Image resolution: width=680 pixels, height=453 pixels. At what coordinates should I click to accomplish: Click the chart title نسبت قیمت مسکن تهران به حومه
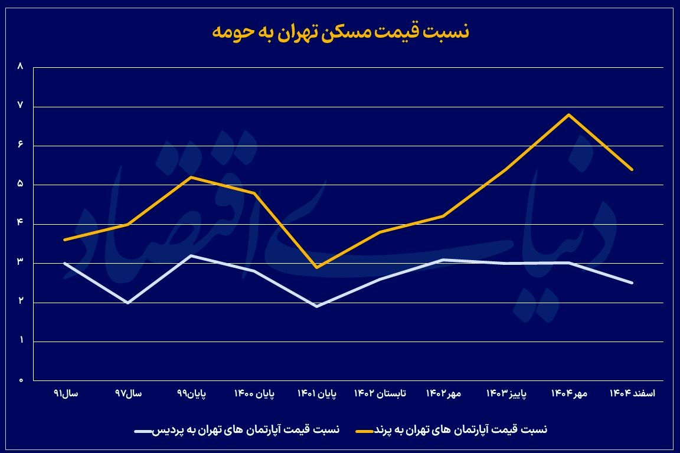(340, 32)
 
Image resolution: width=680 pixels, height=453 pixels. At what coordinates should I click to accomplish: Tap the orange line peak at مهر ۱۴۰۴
(568, 114)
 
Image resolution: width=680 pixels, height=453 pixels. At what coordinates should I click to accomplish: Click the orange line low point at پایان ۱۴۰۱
(317, 267)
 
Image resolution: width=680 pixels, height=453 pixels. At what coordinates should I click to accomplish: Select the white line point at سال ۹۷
(128, 303)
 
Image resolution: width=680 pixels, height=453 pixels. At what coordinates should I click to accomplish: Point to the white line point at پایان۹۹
(191, 255)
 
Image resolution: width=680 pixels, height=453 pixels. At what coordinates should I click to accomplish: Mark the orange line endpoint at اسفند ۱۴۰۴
(632, 169)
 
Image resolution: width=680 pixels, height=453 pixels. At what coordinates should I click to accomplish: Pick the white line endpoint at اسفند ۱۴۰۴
(632, 283)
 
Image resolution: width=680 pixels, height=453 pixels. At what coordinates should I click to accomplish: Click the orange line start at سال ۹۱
(65, 239)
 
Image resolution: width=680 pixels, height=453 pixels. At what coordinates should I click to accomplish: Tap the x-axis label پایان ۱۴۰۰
(254, 393)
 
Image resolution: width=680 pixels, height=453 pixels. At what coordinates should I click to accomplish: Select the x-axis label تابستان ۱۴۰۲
(380, 393)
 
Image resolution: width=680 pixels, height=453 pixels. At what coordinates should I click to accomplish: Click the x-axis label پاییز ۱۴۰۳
(506, 393)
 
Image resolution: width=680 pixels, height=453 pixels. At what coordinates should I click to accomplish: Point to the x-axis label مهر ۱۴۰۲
(443, 393)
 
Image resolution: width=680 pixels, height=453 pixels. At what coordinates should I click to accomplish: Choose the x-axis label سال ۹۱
(66, 393)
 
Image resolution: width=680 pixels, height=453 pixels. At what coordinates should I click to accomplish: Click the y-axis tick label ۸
(21, 67)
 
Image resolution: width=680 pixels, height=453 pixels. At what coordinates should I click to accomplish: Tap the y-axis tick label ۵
(21, 184)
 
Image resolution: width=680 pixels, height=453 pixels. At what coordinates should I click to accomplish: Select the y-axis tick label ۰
(21, 380)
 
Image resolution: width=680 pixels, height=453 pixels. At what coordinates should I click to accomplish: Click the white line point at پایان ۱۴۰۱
(317, 306)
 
